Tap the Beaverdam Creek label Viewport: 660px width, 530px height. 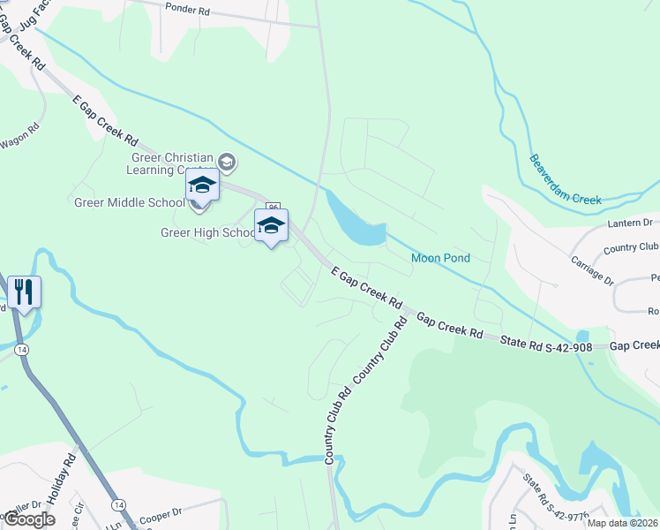point(565,179)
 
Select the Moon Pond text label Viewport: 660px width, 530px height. point(440,258)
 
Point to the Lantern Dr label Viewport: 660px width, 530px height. point(629,223)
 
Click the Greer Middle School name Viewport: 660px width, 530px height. point(129,202)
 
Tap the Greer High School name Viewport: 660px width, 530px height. point(208,232)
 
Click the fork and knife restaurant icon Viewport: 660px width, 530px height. point(23,291)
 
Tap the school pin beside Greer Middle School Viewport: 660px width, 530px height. point(201,185)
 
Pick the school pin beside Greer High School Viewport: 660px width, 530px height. point(271,225)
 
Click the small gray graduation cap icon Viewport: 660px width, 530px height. point(228,162)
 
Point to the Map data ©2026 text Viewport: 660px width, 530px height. point(622,523)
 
